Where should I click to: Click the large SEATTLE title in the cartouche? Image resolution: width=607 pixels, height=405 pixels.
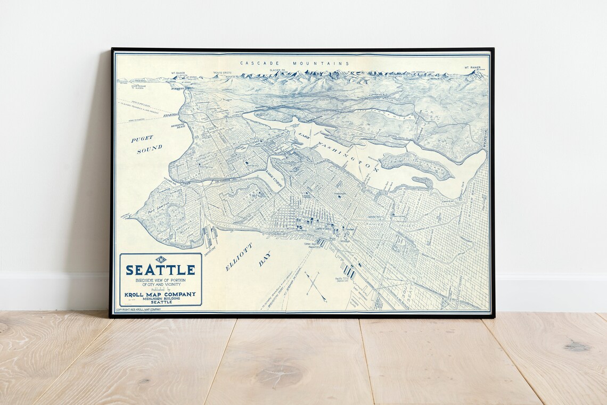(160, 270)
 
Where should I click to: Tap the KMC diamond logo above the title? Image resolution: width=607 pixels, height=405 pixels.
(160, 259)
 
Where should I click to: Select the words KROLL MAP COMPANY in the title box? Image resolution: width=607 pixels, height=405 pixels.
(160, 294)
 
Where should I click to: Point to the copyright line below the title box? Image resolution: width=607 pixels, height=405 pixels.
(138, 309)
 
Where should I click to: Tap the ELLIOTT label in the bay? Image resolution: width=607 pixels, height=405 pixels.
(239, 258)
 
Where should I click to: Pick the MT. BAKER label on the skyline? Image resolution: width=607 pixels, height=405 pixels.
(177, 73)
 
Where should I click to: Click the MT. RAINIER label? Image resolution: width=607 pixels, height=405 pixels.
(472, 68)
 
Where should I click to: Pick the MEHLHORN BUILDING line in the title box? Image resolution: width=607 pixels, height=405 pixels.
(160, 299)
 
